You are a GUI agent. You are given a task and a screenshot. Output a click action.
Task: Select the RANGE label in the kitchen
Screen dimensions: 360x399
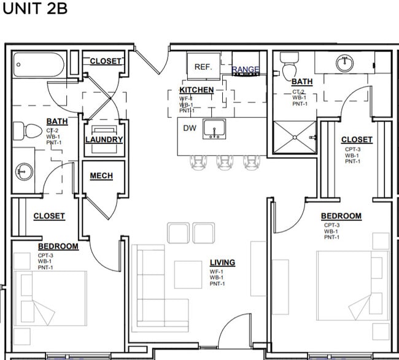(246, 70)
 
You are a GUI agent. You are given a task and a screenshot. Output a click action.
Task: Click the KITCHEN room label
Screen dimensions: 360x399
(196, 90)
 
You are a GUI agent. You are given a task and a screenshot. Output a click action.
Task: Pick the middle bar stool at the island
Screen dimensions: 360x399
(224, 161)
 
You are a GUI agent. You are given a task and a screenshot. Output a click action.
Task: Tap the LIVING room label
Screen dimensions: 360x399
(222, 262)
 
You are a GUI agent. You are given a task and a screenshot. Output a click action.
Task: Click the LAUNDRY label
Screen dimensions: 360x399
(104, 139)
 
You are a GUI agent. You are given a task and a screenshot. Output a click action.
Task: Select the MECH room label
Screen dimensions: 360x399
(101, 176)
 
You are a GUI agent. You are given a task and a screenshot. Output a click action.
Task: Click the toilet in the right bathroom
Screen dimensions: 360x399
(289, 66)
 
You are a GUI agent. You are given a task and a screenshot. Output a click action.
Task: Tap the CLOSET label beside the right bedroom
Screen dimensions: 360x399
(357, 140)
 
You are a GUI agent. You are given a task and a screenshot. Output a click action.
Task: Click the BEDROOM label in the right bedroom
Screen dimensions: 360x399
(341, 216)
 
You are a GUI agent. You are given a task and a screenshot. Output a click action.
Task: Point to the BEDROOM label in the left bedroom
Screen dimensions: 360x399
(58, 246)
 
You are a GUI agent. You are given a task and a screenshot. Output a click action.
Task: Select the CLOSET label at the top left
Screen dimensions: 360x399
(106, 61)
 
